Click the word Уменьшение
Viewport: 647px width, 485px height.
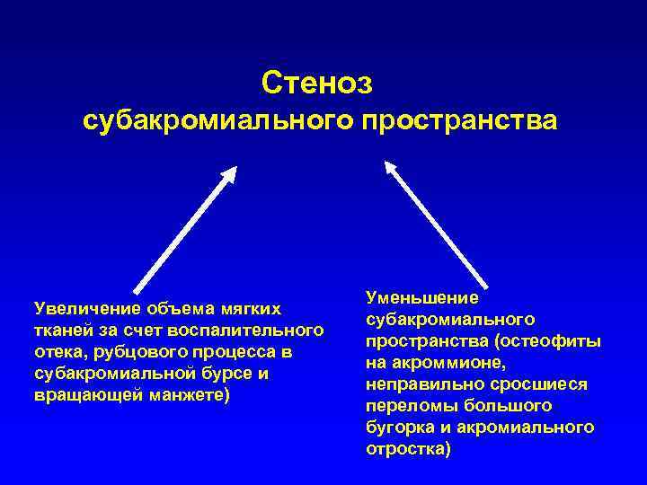(x=422, y=296)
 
